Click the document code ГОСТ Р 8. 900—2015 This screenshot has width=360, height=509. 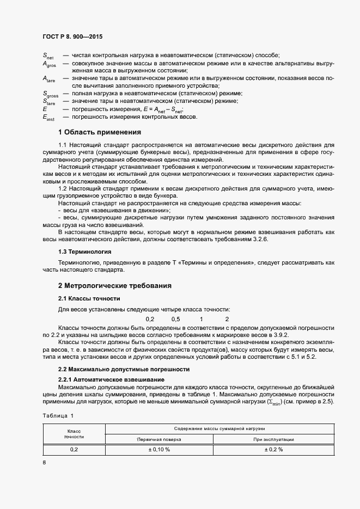point(73,36)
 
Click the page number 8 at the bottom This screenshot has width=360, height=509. point(44,463)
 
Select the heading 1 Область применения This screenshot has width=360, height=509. point(100,132)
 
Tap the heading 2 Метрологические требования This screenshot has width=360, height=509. point(115,285)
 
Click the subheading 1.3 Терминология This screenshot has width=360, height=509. point(84,252)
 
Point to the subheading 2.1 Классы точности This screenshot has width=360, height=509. point(89,299)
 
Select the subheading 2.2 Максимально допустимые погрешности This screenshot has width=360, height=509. point(124,369)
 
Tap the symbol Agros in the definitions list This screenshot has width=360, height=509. point(49,64)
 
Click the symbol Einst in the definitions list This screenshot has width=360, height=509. point(49,117)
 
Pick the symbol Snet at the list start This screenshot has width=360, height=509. point(48,56)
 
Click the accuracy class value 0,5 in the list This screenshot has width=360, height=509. point(175,318)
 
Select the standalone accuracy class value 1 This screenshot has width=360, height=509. point(202,318)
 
